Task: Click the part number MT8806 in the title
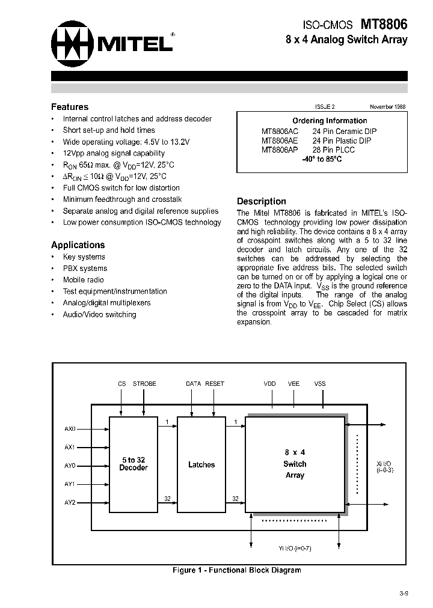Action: point(384,24)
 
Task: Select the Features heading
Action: point(70,107)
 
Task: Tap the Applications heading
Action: point(78,245)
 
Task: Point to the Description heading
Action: point(262,202)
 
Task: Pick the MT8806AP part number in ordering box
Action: point(280,150)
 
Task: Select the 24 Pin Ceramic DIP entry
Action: point(345,131)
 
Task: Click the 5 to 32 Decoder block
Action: point(134,464)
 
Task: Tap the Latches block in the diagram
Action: point(201,464)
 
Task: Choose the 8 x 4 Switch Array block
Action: point(295,464)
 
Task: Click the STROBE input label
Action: point(144,383)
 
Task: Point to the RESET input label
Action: point(215,383)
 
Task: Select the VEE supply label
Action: point(293,383)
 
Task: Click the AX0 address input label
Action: point(70,429)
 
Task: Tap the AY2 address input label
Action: point(70,502)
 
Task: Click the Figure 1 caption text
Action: point(236,570)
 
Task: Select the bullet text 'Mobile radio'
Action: point(83,280)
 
